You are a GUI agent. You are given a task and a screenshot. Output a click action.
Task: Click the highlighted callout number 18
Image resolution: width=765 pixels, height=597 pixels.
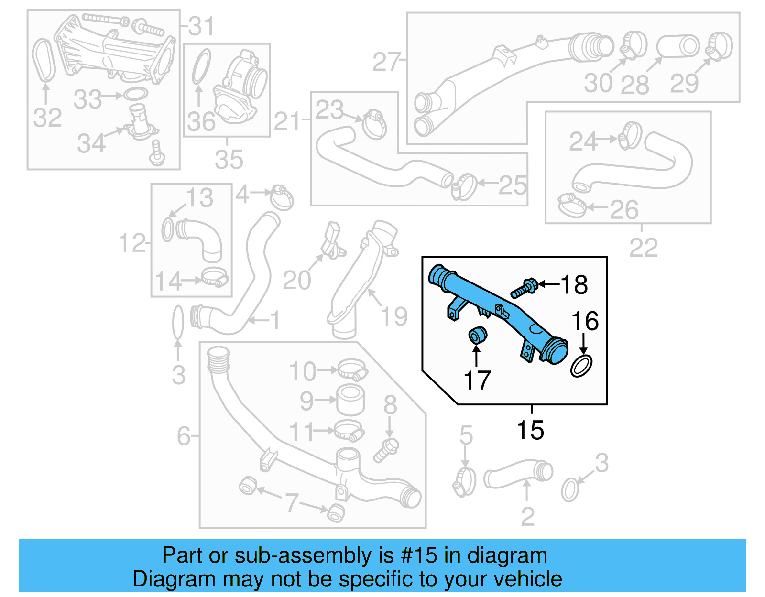574,285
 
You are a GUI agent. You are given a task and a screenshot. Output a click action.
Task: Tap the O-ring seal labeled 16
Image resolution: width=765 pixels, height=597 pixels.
581,366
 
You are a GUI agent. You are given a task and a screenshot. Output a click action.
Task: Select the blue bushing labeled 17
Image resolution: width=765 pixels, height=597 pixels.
477,335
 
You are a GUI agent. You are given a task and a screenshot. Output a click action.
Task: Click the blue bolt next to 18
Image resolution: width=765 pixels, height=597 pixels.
524,288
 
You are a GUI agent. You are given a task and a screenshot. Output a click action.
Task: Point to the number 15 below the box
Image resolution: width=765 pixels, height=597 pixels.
530,430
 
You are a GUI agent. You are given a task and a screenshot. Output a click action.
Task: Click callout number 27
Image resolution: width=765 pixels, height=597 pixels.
386,63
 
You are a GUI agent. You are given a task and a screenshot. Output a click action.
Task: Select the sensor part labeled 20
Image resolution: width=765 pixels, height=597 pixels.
331,241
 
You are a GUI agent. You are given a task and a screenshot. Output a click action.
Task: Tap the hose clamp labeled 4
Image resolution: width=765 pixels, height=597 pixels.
282,197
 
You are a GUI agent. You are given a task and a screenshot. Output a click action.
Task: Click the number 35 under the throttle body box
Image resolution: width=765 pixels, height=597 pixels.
229,160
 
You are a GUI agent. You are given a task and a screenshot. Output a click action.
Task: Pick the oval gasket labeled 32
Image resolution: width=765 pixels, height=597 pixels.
44,60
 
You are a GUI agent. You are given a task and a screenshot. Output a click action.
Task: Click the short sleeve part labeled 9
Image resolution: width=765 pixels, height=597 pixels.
350,401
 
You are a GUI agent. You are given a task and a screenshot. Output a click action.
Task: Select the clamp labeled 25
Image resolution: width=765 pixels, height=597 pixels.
463,187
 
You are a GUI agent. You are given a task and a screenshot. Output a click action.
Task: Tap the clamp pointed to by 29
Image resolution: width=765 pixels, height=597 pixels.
718,46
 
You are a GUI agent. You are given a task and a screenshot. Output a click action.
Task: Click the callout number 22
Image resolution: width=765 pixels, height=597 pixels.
643,248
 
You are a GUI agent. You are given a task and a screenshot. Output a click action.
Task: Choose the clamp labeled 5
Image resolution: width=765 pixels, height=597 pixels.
464,482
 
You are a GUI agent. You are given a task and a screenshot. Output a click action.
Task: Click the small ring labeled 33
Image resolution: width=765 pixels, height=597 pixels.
135,94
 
